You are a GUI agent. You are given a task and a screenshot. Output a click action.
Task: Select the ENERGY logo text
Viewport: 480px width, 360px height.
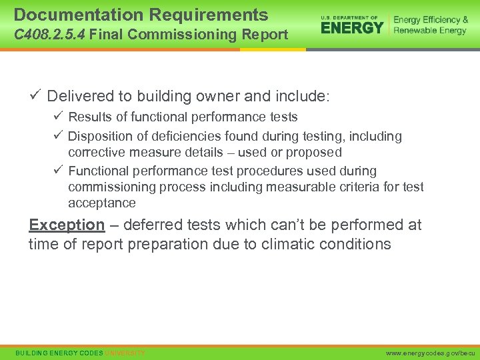(352, 27)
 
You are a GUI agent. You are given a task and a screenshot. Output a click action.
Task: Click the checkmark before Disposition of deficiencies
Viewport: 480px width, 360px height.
(58, 136)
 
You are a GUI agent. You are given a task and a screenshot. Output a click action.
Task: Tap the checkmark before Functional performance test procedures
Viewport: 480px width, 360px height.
(58, 171)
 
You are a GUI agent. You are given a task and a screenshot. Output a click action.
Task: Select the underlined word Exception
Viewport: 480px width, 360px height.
(67, 225)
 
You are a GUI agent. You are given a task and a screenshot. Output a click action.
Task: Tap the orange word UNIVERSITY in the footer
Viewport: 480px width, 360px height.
(125, 352)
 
